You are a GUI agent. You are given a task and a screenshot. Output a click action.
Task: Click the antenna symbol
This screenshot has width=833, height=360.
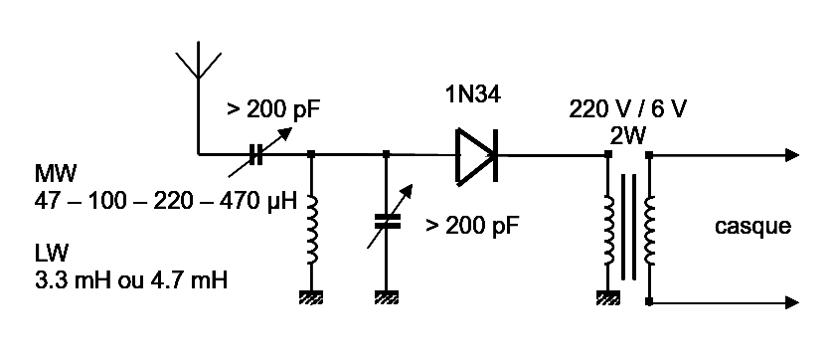[x=199, y=62]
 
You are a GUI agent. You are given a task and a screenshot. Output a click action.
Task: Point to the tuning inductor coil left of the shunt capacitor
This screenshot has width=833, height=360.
[x=313, y=229]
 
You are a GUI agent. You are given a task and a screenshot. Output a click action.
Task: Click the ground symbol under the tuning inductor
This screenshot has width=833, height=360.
[x=313, y=295]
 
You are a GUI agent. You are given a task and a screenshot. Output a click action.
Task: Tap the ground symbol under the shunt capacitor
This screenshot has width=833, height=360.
[x=386, y=295]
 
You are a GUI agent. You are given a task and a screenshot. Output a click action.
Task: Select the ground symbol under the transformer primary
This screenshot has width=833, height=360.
[x=607, y=295]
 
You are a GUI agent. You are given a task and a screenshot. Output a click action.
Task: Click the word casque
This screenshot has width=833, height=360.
[x=752, y=227]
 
